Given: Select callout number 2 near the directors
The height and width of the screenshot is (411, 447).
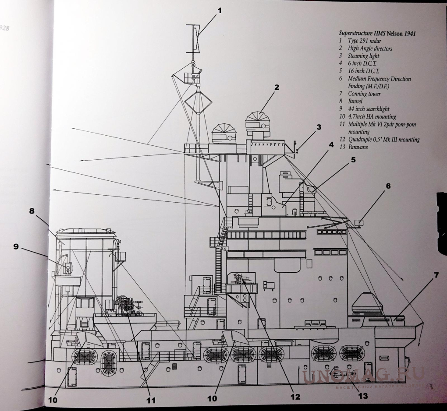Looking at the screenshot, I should click(x=277, y=87).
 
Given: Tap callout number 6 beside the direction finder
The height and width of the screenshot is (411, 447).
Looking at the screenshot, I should click(x=387, y=186).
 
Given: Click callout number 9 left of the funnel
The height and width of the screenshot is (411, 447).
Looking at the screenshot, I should click(x=16, y=247).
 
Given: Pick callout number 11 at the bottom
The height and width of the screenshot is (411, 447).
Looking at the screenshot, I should click(x=151, y=399).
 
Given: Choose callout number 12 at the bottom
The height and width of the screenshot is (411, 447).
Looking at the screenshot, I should click(x=295, y=397).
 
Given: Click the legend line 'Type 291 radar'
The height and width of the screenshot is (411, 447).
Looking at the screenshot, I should click(x=364, y=41).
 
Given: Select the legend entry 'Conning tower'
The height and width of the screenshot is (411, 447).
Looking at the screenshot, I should click(x=364, y=94).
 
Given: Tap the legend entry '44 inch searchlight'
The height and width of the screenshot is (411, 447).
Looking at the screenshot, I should click(x=369, y=109).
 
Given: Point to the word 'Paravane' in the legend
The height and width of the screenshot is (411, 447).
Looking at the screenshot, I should click(x=358, y=147).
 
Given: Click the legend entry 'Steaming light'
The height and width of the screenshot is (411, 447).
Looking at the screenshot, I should click(x=363, y=56).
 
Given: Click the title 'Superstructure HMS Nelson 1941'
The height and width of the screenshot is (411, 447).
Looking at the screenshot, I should click(x=377, y=33).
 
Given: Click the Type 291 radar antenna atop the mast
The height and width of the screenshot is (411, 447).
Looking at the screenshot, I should click(x=193, y=37).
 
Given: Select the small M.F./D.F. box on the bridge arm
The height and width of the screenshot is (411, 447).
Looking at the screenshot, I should click(x=359, y=222).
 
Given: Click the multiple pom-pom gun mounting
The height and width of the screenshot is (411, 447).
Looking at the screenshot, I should click(x=127, y=305).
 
